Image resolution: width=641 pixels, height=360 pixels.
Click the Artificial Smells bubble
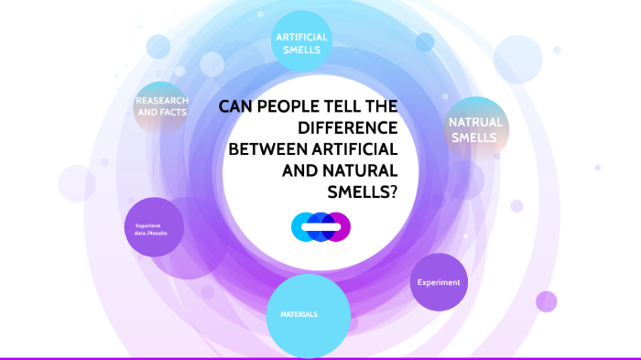pyautogui.click(x=301, y=40)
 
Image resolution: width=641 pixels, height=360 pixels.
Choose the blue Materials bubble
pyautogui.click(x=309, y=315)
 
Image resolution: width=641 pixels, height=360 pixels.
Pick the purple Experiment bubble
pyautogui.click(x=439, y=282)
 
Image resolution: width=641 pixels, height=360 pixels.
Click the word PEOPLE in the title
pyautogui.click(x=287, y=107)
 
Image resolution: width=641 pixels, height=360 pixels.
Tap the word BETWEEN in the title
pyautogui.click(x=266, y=148)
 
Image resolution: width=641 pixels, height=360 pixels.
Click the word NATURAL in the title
pyautogui.click(x=360, y=169)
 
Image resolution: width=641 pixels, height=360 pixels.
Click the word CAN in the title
pyautogui.click(x=235, y=107)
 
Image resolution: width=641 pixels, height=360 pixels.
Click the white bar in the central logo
pyautogui.click(x=320, y=226)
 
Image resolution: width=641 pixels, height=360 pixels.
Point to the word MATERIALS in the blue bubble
pyautogui.click(x=299, y=315)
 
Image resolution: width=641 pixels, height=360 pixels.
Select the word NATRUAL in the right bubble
pyautogui.click(x=476, y=122)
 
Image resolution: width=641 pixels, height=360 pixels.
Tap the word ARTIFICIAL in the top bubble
pyautogui.click(x=301, y=37)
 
